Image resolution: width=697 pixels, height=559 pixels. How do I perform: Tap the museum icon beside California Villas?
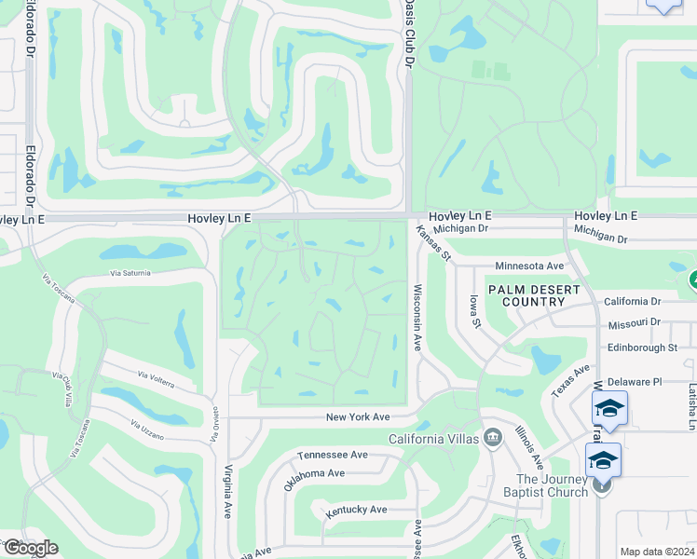point(492,439)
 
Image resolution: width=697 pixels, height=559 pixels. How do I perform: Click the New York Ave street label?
point(357,416)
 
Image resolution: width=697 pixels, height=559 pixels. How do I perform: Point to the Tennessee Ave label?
point(333,455)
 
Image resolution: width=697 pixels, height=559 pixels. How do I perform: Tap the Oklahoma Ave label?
point(314,473)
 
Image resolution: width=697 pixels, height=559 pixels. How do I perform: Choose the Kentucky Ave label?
point(356,510)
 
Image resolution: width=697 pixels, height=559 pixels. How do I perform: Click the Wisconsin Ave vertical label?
point(418,317)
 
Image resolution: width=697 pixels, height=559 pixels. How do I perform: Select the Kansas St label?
point(433,243)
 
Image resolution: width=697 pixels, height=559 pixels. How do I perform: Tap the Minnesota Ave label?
point(529,266)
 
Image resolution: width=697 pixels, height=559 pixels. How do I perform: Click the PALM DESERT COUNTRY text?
point(534,295)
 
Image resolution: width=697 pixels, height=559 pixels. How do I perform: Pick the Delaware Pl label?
point(634,382)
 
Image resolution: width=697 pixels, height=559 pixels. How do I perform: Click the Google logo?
point(30,547)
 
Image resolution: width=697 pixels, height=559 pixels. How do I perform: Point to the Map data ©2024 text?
point(656,552)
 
